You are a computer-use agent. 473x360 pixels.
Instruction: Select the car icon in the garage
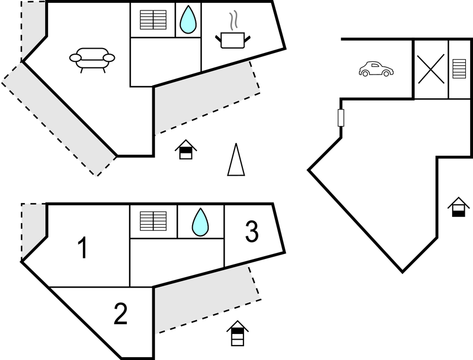(x=376, y=69)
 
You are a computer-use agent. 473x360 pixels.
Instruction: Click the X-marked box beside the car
(x=431, y=69)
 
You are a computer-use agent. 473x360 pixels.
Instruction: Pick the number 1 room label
(x=82, y=248)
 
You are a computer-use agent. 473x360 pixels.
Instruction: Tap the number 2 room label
(x=120, y=314)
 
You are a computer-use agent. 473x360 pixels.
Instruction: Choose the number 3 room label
(x=251, y=232)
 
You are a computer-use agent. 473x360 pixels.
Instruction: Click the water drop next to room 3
(x=200, y=221)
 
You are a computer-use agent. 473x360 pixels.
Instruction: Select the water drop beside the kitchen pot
(x=188, y=19)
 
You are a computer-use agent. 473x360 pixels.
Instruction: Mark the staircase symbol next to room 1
(x=153, y=221)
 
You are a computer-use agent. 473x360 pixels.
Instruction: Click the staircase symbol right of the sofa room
(x=153, y=20)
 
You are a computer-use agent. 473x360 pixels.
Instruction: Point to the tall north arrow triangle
(x=236, y=160)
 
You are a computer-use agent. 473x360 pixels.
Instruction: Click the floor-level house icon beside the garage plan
(x=458, y=207)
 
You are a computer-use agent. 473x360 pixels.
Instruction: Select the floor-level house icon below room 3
(x=237, y=333)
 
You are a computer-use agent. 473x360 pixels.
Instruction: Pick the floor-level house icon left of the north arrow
(x=186, y=150)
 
